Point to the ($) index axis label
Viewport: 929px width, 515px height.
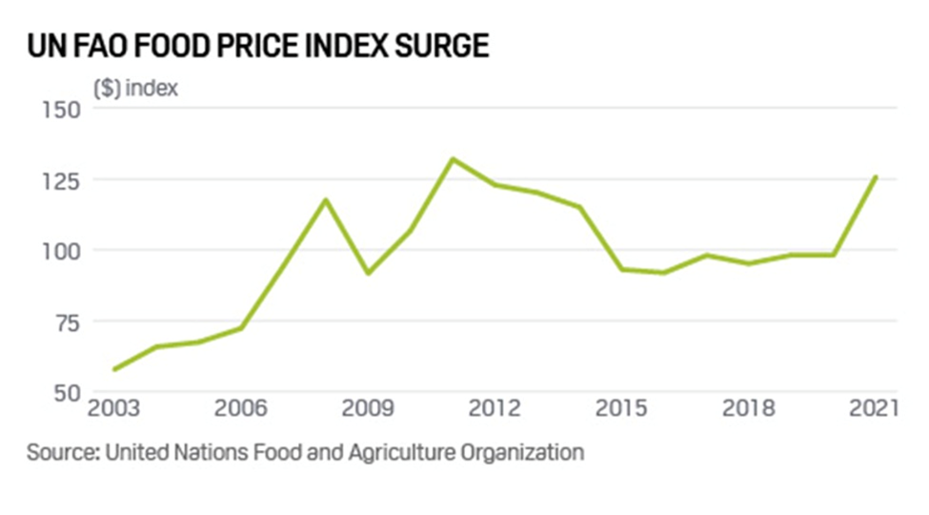tap(135, 88)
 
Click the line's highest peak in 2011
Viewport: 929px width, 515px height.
tap(453, 158)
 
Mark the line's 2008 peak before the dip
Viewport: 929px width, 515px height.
tap(325, 199)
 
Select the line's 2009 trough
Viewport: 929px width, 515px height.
tap(368, 274)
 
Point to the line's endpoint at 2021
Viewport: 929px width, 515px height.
tap(876, 176)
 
